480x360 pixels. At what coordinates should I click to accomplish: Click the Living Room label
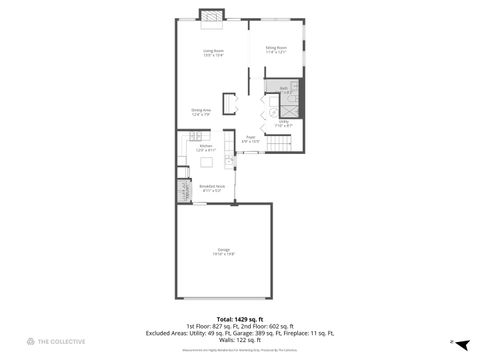[213, 50]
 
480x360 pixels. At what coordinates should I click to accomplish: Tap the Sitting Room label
[276, 47]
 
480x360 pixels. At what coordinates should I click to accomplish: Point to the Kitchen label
[205, 145]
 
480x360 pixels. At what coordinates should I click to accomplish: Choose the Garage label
[224, 249]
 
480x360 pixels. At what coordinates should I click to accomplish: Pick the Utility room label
[284, 121]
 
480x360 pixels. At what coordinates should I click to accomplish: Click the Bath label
[283, 88]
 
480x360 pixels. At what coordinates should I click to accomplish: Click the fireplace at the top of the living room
[211, 14]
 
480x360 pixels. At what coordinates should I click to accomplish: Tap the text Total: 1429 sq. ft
[240, 320]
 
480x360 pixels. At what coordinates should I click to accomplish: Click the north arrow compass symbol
[451, 341]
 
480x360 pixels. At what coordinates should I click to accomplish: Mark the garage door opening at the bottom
[224, 298]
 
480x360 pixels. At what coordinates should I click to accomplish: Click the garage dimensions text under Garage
[224, 255]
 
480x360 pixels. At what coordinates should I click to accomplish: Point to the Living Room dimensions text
[213, 55]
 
